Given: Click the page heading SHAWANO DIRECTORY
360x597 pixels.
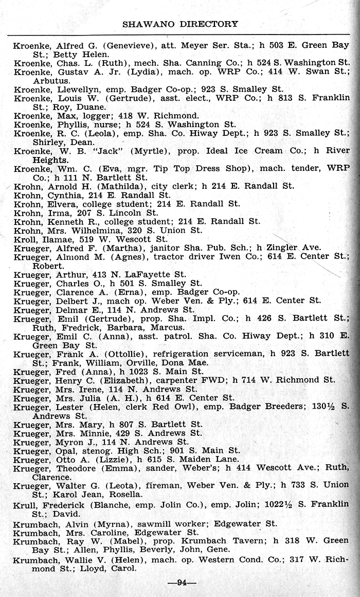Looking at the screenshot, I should coord(180,24).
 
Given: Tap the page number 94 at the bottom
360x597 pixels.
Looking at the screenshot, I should coord(181,583).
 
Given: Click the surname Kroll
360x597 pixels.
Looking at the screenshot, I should coord(24,239).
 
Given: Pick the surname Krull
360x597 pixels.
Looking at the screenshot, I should coord(24,504).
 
